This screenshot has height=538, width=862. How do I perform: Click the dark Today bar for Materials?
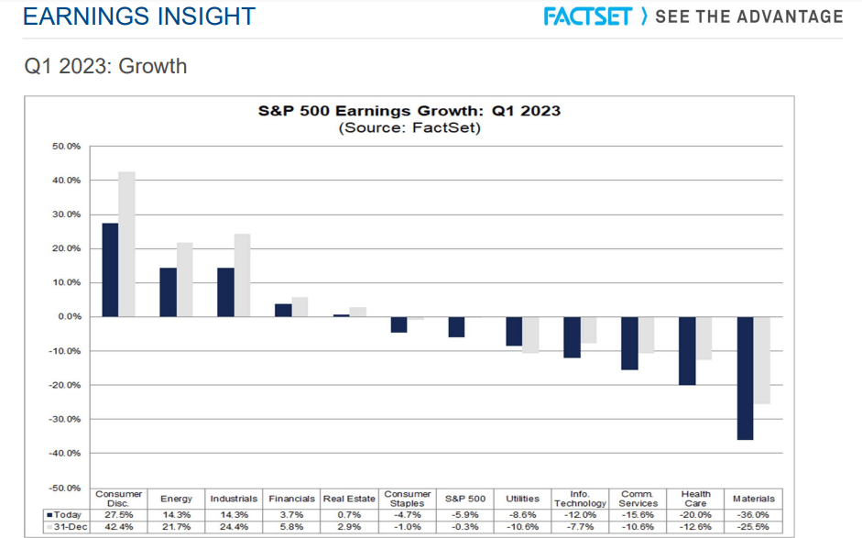pos(745,378)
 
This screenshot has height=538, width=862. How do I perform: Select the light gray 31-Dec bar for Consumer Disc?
pos(126,244)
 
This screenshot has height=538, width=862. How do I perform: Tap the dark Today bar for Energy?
pos(168,291)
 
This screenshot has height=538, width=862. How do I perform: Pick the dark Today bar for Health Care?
pos(687,350)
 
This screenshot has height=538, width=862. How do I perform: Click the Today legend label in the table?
pos(66,515)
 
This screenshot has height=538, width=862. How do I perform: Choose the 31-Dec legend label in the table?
pos(66,526)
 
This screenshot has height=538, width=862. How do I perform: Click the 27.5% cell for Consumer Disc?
pos(119,515)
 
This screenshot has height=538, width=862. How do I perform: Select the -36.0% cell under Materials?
pos(754,515)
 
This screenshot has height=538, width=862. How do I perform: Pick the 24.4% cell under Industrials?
pos(234,526)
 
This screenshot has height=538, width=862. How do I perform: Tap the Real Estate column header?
pos(349,500)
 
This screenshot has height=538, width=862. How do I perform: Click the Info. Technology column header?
pos(580,500)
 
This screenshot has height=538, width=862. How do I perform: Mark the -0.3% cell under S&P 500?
pos(464,526)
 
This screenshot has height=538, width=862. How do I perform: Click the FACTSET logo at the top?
pos(587,16)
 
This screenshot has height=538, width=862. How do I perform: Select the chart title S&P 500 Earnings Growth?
pos(409,111)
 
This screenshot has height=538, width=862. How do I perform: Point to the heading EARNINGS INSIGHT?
pos(138,16)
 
